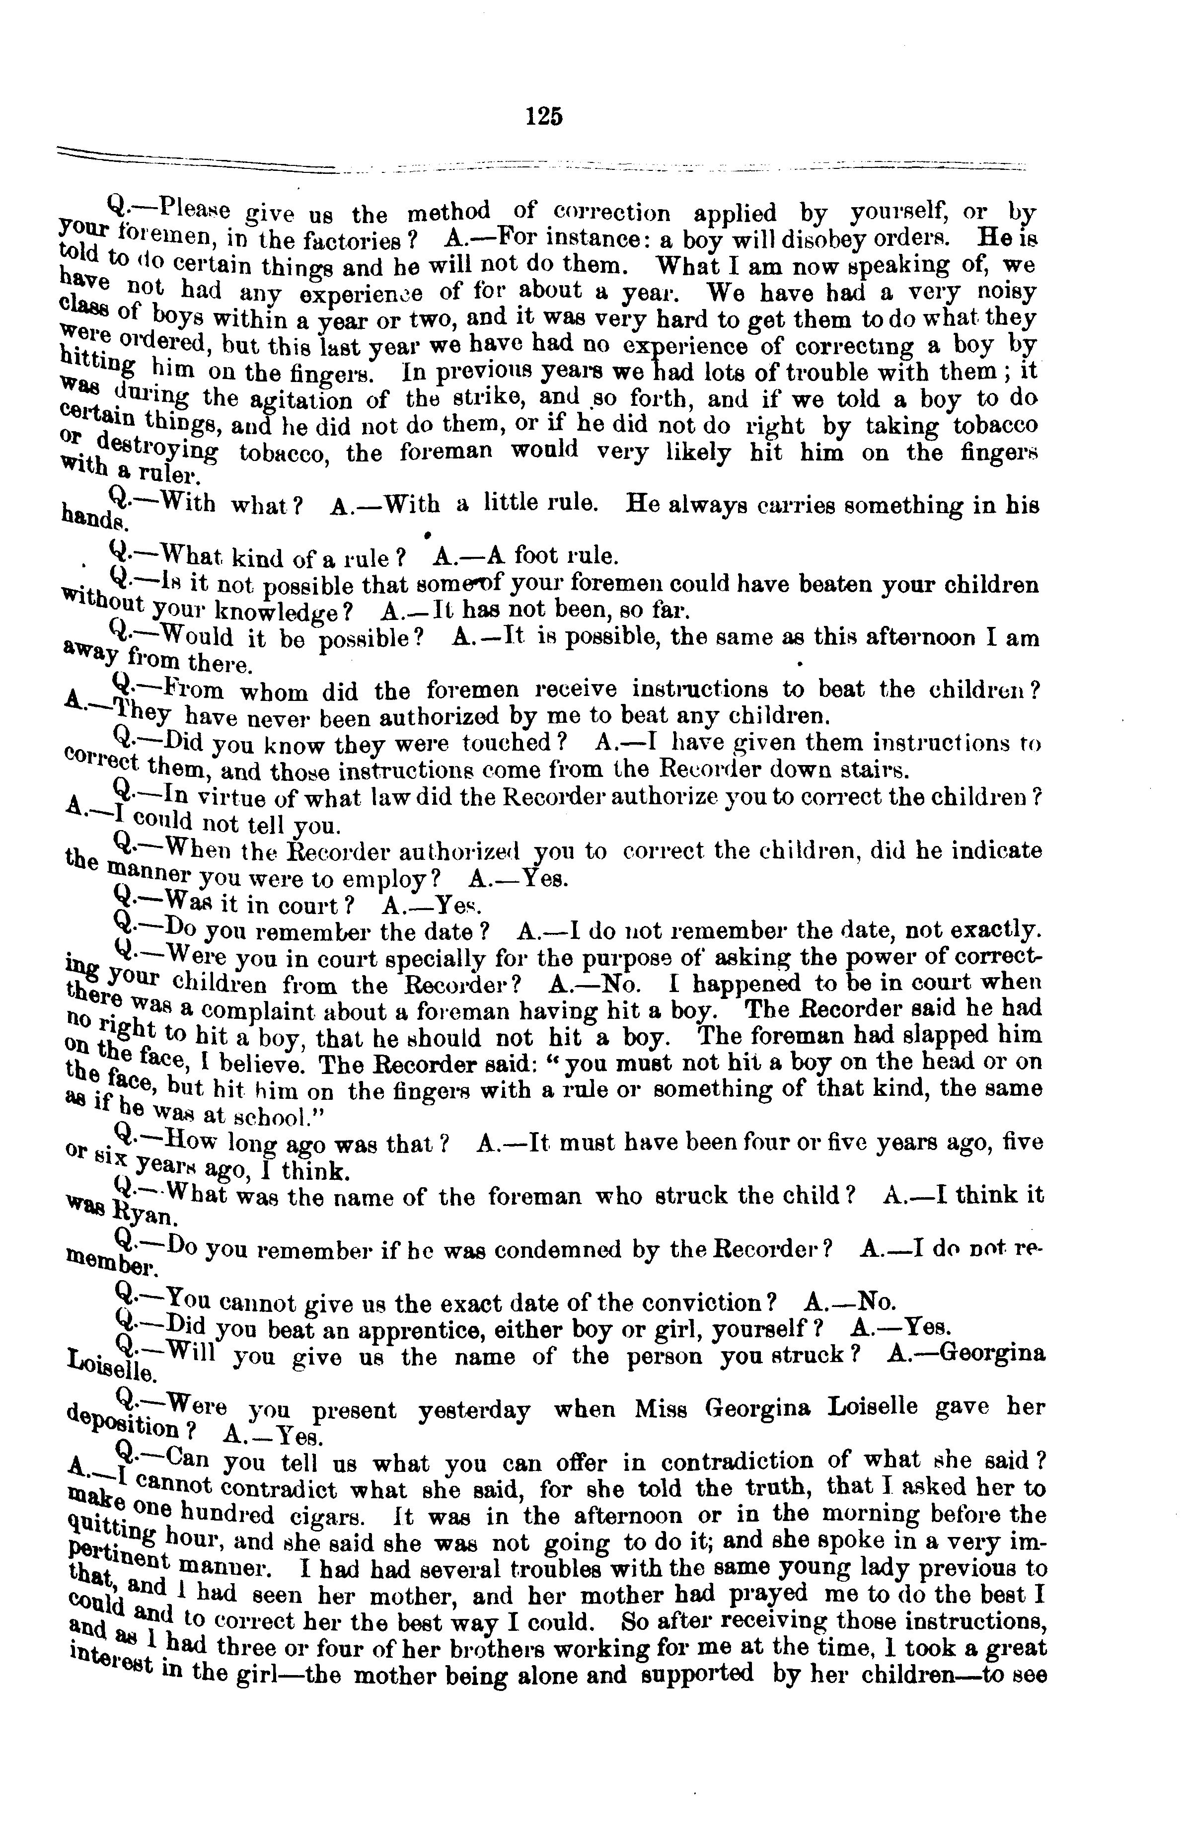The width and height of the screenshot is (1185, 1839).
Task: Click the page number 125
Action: [x=544, y=116]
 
